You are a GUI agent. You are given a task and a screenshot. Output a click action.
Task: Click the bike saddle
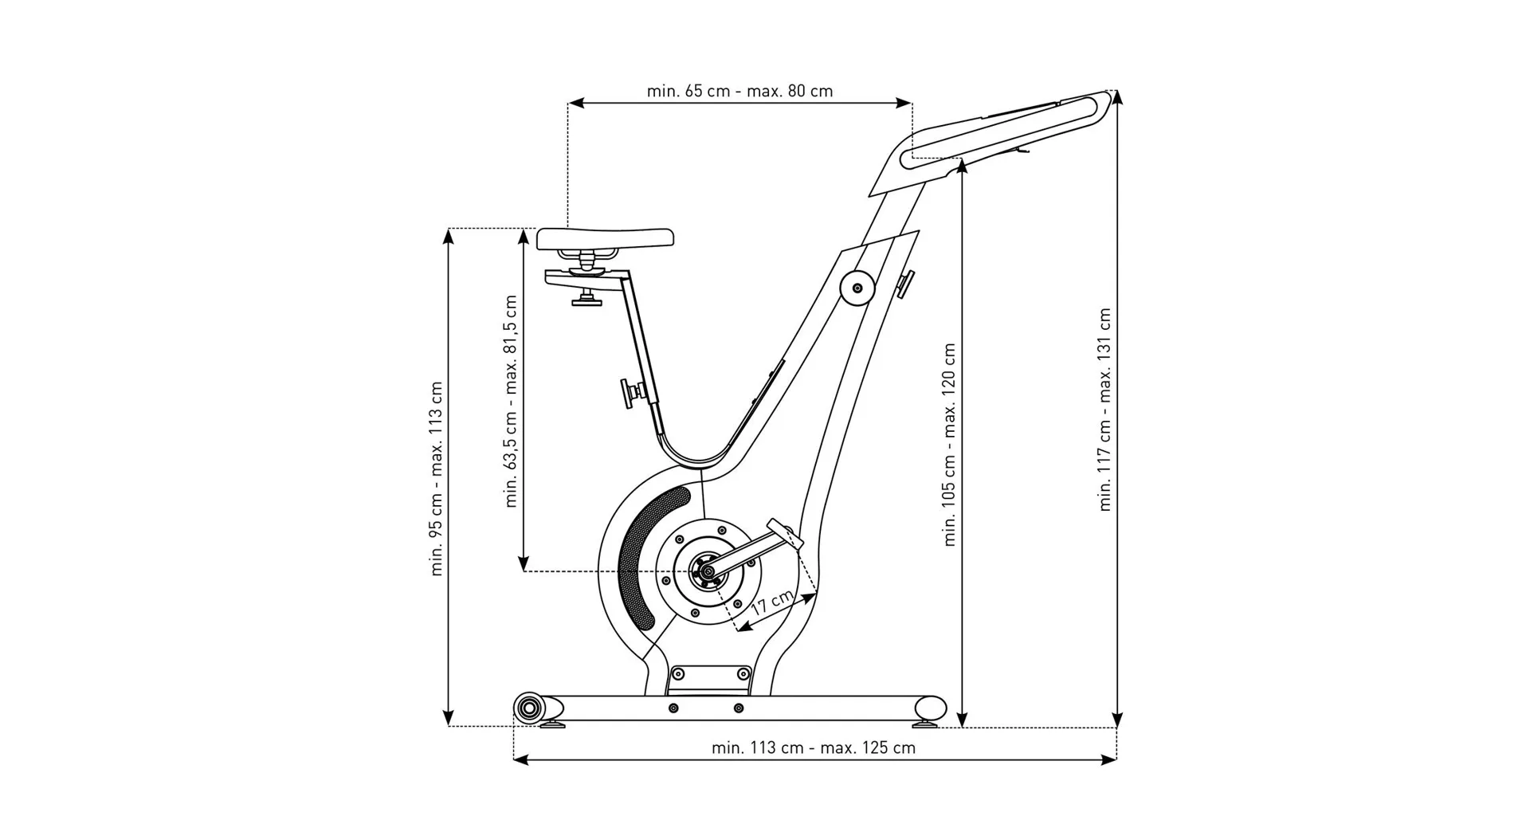pyautogui.click(x=605, y=237)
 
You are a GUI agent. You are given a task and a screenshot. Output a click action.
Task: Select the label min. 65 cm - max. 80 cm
pyautogui.click(x=739, y=91)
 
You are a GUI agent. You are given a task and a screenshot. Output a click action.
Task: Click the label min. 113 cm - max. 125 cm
pyautogui.click(x=813, y=747)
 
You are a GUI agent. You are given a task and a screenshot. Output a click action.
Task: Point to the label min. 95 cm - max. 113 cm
pyautogui.click(x=436, y=478)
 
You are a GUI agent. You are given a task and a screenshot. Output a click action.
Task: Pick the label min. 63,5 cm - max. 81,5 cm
pyautogui.click(x=511, y=401)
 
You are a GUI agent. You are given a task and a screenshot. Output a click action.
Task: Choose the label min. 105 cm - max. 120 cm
pyautogui.click(x=949, y=444)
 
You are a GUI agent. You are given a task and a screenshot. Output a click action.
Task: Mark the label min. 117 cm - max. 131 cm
pyautogui.click(x=1104, y=409)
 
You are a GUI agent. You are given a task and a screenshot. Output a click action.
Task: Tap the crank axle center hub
pyautogui.click(x=704, y=571)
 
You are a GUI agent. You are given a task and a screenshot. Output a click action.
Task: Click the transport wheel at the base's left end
pyautogui.click(x=528, y=707)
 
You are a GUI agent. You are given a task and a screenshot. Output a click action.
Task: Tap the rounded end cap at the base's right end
pyautogui.click(x=930, y=708)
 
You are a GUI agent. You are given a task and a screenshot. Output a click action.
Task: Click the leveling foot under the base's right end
pyautogui.click(x=925, y=724)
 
